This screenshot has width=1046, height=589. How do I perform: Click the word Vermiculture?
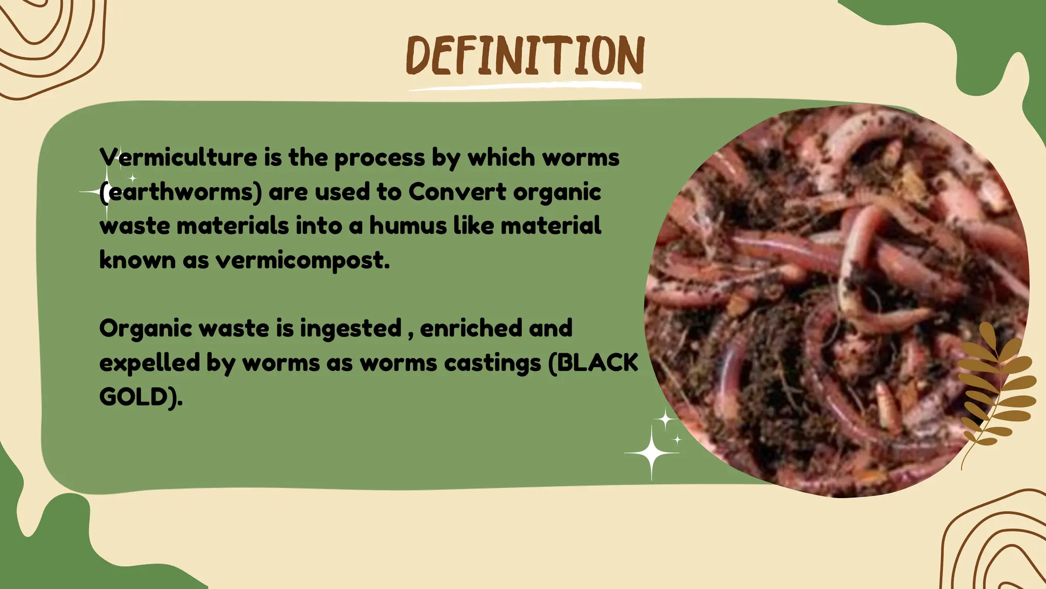[x=178, y=157]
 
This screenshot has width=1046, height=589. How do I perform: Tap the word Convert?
[x=457, y=192]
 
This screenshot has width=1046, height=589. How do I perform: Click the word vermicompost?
[x=302, y=260]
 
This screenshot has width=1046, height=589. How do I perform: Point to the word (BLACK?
[x=593, y=363]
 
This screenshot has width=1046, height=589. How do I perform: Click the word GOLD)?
[x=140, y=397]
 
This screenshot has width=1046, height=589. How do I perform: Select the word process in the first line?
[x=379, y=158]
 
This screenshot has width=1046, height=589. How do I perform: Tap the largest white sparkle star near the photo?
[x=651, y=452]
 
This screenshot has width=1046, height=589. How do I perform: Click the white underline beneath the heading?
[x=525, y=86]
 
